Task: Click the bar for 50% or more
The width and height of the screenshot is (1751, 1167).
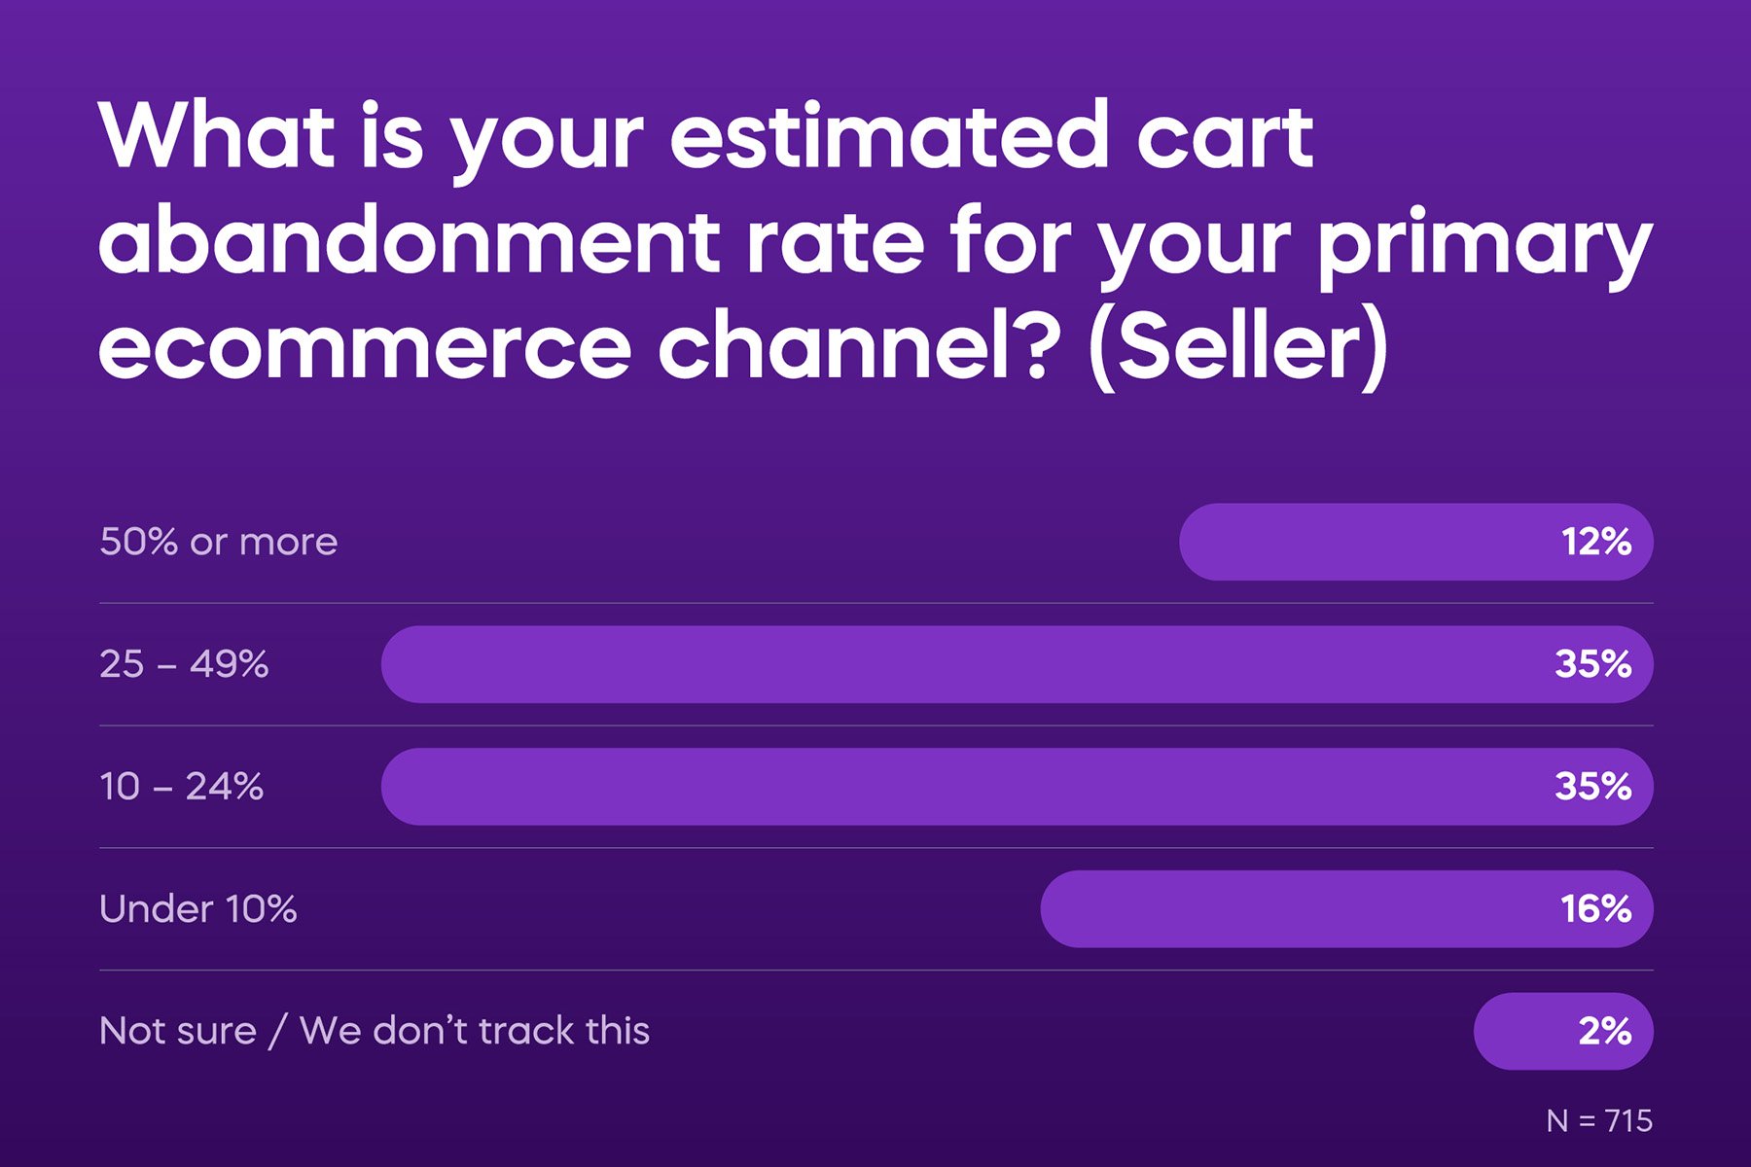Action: click(x=1416, y=542)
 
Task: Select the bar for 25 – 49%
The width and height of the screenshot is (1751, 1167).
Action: click(x=1018, y=664)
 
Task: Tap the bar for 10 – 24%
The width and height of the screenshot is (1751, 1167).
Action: click(x=1018, y=787)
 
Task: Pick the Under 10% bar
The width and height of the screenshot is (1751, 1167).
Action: click(x=1347, y=909)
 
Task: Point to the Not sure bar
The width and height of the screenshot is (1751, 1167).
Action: click(x=1563, y=1031)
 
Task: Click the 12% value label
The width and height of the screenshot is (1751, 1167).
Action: click(x=1596, y=542)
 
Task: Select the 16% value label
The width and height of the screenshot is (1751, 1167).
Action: click(x=1596, y=909)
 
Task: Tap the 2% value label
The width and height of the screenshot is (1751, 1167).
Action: click(x=1605, y=1031)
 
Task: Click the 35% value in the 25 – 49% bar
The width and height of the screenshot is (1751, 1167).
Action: click(x=1593, y=664)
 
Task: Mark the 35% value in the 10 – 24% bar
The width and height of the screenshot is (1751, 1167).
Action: click(x=1593, y=787)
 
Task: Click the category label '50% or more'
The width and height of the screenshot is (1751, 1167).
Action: click(x=219, y=542)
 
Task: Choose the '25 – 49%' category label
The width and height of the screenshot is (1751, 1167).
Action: click(x=184, y=664)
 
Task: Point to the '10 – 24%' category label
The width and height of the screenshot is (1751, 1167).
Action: click(x=181, y=787)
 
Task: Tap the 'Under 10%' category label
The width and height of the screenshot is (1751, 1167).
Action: click(x=198, y=909)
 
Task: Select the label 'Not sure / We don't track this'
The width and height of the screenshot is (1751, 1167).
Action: click(x=375, y=1031)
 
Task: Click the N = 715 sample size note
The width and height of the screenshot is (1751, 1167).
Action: click(x=1599, y=1121)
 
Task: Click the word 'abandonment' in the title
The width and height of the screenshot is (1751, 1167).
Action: click(x=410, y=240)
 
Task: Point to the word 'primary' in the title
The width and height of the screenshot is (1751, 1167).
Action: click(x=1485, y=248)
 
